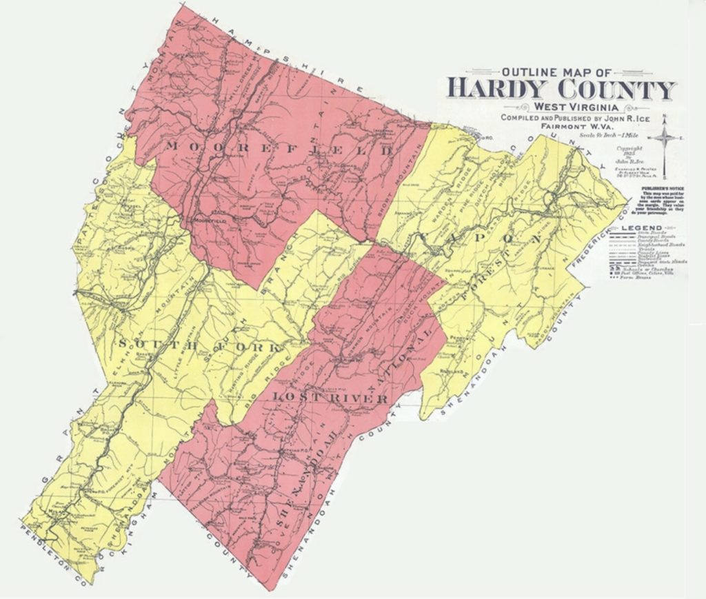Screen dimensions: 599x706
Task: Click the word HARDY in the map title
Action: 497,89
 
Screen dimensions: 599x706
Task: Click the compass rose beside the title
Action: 665,139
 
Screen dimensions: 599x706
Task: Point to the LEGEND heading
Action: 641,227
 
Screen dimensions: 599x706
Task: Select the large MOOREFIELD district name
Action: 279,148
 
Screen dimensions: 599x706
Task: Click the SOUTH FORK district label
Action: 200,345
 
